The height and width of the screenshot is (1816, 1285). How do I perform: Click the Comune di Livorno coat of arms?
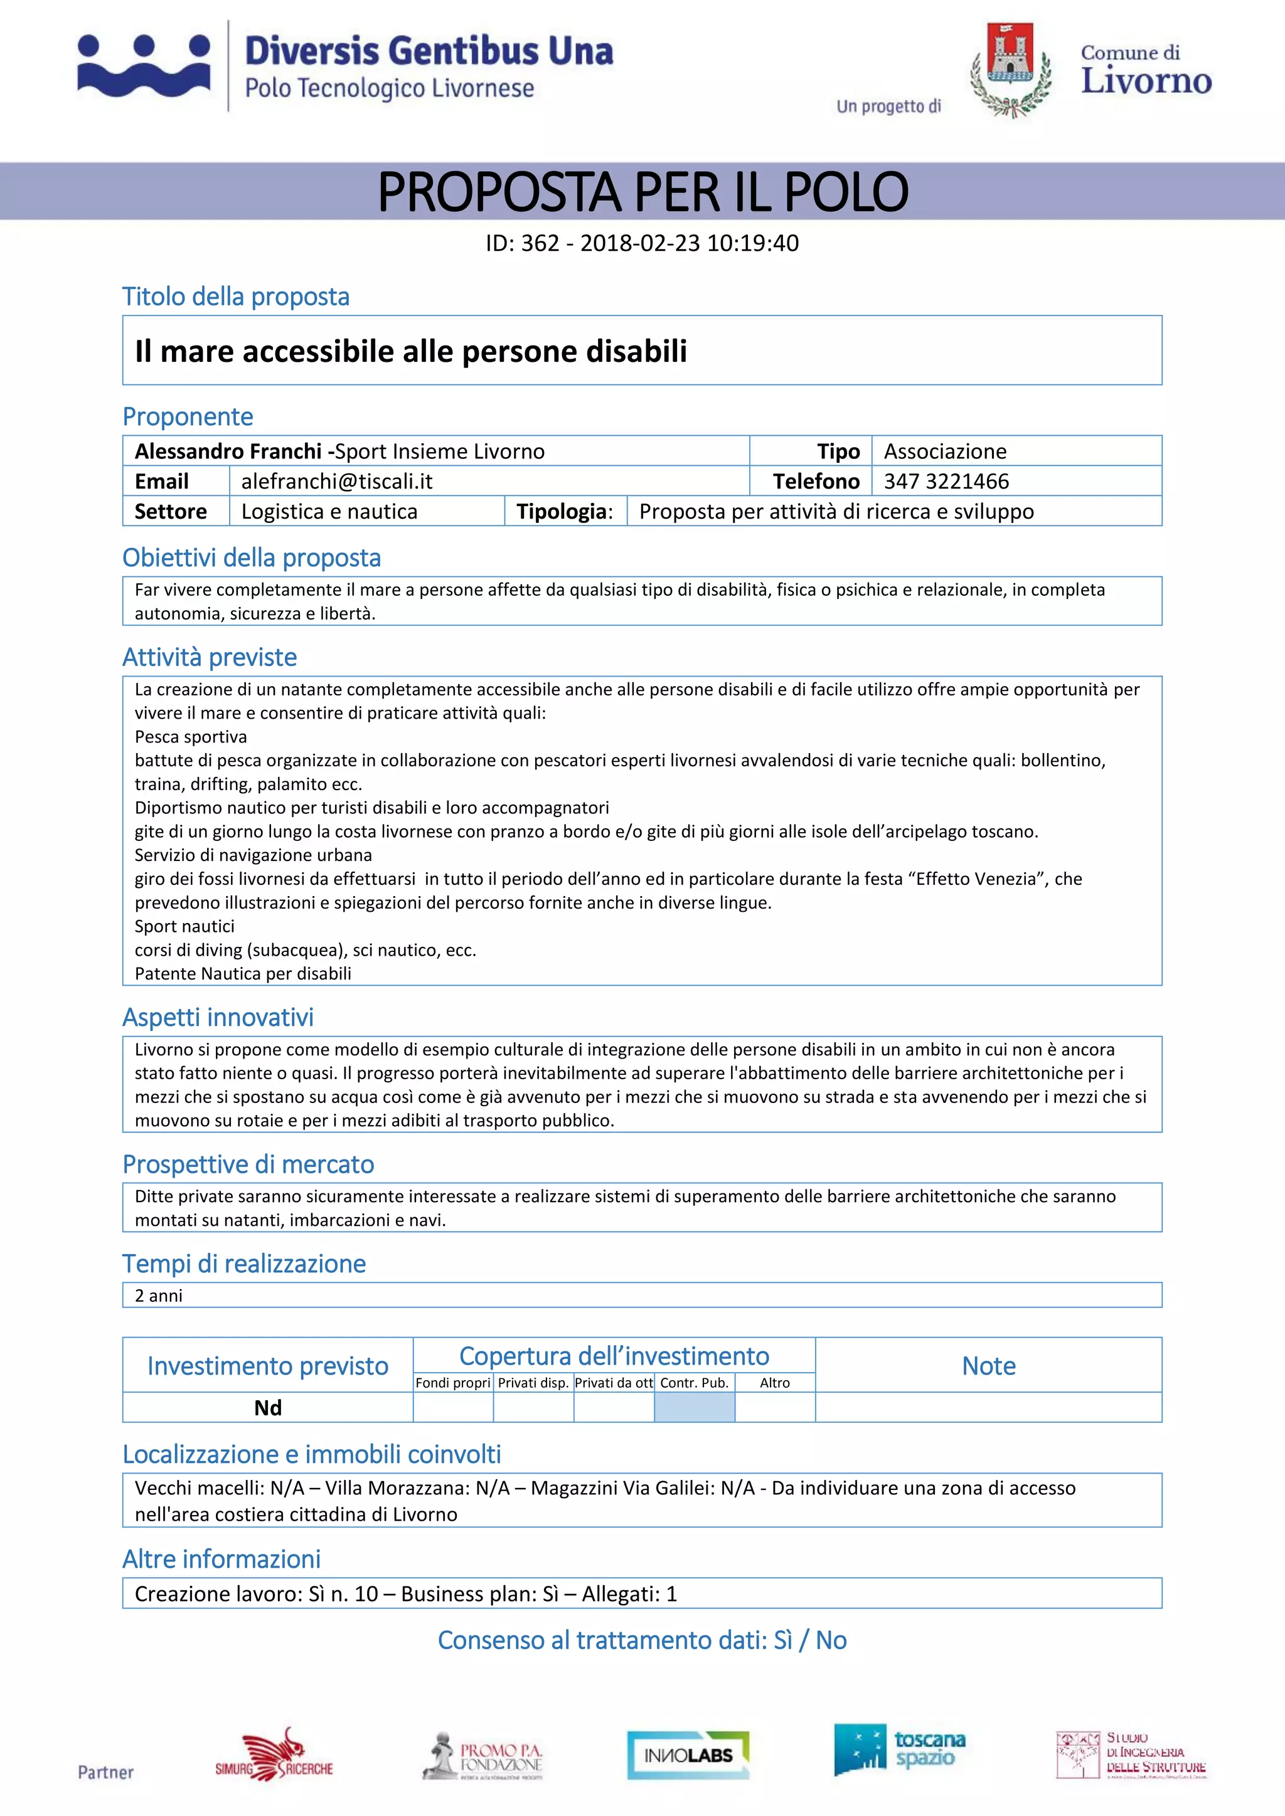coord(1010,70)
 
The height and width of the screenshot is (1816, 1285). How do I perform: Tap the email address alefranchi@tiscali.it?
coord(336,481)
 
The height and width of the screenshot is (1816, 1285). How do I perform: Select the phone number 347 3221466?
coord(946,481)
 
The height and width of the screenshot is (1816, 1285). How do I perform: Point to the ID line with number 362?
coord(642,243)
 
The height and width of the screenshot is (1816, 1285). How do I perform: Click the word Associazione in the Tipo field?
coord(945,451)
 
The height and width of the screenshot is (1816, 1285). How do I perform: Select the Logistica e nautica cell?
coord(329,511)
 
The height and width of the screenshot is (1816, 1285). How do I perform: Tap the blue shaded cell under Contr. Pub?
coord(694,1407)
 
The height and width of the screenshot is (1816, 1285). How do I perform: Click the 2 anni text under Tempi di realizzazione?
coord(159,1296)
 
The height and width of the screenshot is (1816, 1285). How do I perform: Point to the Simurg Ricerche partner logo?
coord(275,1755)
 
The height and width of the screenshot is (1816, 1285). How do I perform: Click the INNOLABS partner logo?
coord(688,1755)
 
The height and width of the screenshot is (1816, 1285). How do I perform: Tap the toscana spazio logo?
coord(900,1750)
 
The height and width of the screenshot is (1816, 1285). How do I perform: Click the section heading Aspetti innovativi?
coord(218,1017)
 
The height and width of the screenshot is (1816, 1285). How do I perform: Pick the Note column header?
coord(988,1366)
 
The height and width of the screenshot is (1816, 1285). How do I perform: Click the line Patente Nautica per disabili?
coord(243,974)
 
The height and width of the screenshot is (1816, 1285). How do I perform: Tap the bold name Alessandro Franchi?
coord(228,451)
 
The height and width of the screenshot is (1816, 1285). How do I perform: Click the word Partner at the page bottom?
coord(105,1773)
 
